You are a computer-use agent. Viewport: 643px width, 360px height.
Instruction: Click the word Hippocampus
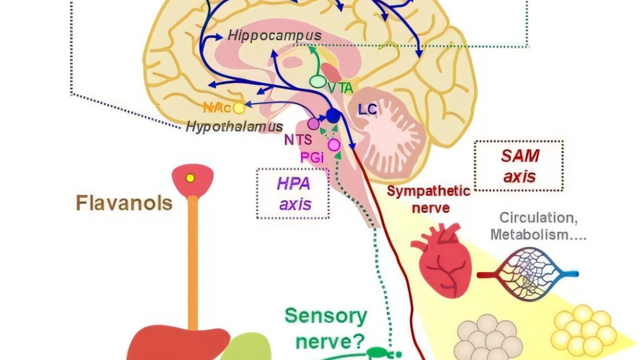(274, 36)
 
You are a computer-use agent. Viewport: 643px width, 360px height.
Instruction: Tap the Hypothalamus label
(234, 127)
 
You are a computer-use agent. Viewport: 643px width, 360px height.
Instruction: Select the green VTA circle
(317, 81)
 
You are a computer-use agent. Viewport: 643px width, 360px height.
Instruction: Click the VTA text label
(340, 88)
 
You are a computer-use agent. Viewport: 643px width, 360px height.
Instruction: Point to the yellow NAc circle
(239, 108)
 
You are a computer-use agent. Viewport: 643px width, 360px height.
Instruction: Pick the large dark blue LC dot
(333, 116)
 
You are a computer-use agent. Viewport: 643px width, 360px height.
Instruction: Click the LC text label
(368, 109)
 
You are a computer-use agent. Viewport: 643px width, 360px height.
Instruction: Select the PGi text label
(312, 157)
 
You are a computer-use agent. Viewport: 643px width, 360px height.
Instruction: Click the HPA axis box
(293, 193)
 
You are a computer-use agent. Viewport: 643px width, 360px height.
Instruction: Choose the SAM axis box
(519, 166)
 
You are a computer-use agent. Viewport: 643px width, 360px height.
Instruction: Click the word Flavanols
(124, 203)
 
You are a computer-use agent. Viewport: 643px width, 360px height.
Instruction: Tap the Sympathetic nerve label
(428, 200)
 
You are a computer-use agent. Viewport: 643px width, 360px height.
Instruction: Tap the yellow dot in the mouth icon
(190, 178)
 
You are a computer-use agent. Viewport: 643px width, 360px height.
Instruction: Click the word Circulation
(538, 218)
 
